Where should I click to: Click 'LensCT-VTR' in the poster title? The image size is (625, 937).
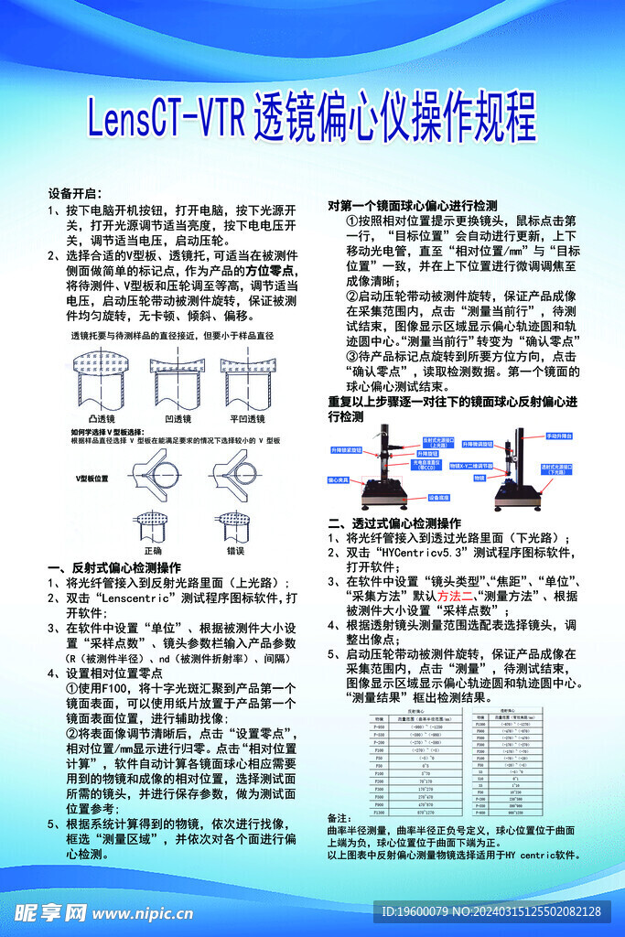point(165,116)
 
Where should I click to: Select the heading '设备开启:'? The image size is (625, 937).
point(72,194)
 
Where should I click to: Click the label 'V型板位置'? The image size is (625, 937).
point(92,478)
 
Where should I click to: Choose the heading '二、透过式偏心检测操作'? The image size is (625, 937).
point(393,522)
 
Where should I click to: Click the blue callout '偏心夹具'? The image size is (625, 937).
point(339,479)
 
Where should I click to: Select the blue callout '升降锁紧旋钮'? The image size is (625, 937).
point(346,450)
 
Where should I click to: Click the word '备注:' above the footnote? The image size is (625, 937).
point(339,818)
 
